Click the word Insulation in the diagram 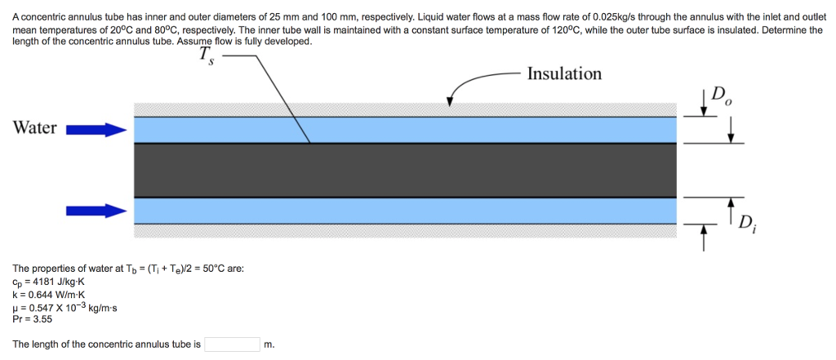(x=564, y=74)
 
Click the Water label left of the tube (x=35, y=128)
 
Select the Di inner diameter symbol (x=746, y=222)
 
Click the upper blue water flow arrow (x=96, y=129)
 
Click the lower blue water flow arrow (x=96, y=211)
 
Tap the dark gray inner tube (x=404, y=170)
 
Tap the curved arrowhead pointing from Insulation (x=449, y=101)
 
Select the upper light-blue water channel (x=404, y=130)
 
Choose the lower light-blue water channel (x=404, y=211)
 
